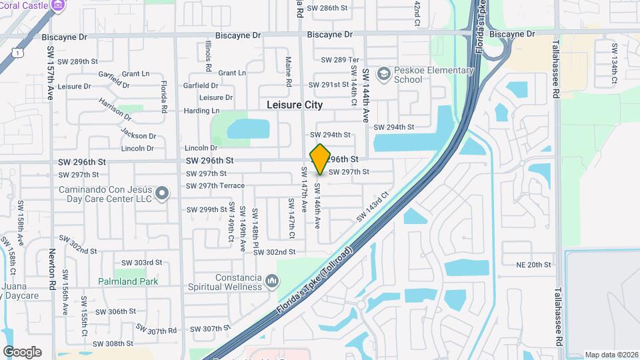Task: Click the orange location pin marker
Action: pos(320,159)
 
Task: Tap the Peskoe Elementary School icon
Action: pos(383,73)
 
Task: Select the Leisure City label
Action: pos(294,105)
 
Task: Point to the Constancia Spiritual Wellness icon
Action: pos(271,281)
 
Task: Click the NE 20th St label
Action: pos(533,265)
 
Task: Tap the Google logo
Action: pos(22,352)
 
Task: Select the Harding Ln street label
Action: pos(201,110)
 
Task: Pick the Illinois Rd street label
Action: pos(208,56)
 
